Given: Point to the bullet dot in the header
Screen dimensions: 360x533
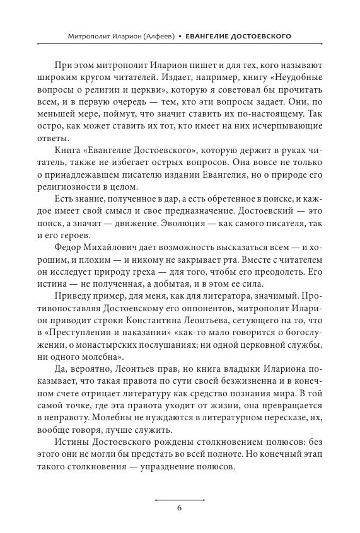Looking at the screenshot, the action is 179,37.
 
